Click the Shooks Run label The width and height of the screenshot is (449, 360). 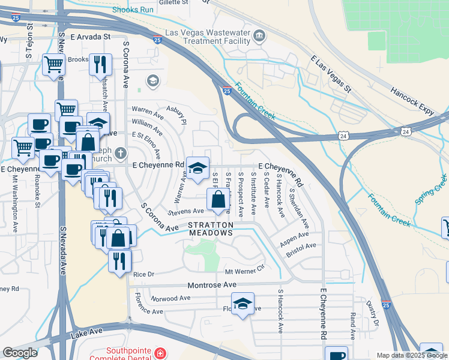(x=133, y=10)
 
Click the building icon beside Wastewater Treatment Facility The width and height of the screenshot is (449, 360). (x=260, y=36)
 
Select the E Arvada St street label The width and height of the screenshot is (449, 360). (x=91, y=37)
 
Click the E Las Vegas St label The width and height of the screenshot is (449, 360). (x=330, y=74)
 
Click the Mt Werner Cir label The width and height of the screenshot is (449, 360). (x=244, y=272)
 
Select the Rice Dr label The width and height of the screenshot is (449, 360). (x=143, y=274)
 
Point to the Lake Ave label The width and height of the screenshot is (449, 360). (x=88, y=332)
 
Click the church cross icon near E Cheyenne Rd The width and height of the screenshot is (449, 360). (x=121, y=154)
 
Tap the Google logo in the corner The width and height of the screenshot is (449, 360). (x=20, y=353)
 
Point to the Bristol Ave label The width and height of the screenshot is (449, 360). (x=301, y=250)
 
